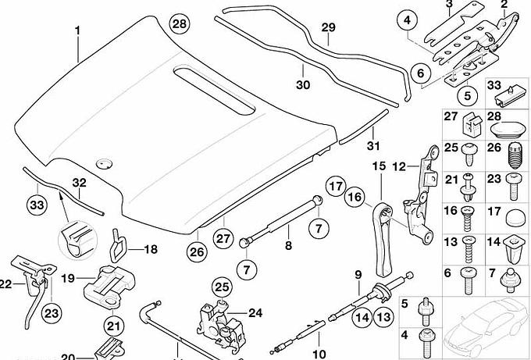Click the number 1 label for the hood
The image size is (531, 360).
pyautogui.click(x=78, y=30)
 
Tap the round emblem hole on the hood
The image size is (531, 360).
pyautogui.click(x=102, y=163)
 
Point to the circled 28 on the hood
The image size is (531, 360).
pyautogui.click(x=179, y=24)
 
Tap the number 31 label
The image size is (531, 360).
pyautogui.click(x=372, y=145)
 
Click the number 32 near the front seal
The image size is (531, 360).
pyautogui.click(x=78, y=184)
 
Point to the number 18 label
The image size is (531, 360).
pyautogui.click(x=150, y=250)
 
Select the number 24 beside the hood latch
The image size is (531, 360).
pyautogui.click(x=255, y=313)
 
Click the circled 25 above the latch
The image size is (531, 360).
pyautogui.click(x=222, y=287)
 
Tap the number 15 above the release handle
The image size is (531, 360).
pyautogui.click(x=378, y=166)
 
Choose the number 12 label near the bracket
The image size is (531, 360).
pyautogui.click(x=398, y=166)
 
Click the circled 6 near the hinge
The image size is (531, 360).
pyautogui.click(x=419, y=74)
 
